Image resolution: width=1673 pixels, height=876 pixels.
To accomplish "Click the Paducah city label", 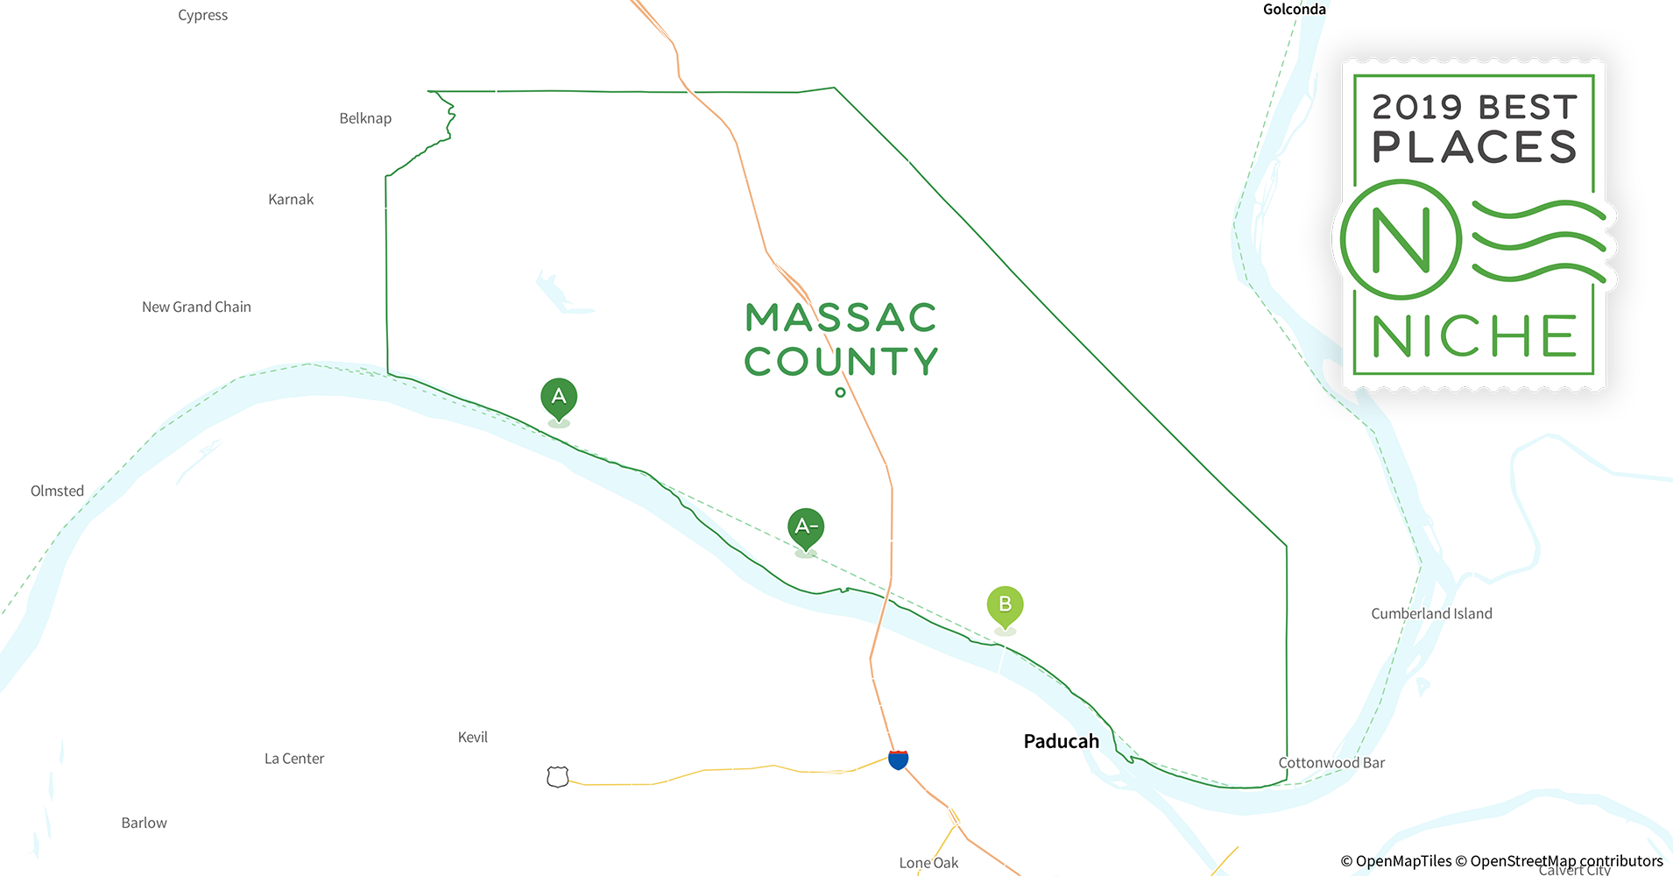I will [x=1061, y=741].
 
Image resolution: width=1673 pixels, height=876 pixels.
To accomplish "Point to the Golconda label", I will [x=1294, y=10].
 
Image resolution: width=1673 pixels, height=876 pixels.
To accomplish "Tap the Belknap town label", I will [x=365, y=118].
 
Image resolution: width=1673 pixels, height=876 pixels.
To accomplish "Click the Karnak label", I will [x=291, y=199].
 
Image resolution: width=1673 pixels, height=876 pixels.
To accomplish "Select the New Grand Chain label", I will [x=196, y=307].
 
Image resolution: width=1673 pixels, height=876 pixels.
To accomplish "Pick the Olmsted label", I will [x=57, y=491].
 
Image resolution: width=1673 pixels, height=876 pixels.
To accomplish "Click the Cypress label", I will [x=202, y=15].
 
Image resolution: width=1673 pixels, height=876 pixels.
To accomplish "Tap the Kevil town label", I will [x=472, y=737].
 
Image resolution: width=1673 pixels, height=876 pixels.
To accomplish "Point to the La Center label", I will [x=294, y=759].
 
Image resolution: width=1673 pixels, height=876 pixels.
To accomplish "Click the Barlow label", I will [x=144, y=823].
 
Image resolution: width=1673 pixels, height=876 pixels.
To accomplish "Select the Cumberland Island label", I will [x=1431, y=613].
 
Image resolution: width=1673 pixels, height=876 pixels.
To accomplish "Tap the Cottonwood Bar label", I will [x=1331, y=762].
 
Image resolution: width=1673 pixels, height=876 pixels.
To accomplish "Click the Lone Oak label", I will [x=928, y=863].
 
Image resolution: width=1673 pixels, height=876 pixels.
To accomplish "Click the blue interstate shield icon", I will [x=898, y=759].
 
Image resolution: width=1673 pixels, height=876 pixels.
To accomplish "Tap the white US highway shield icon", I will [x=557, y=776].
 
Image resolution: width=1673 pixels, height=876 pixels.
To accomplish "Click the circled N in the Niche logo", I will [x=1401, y=239].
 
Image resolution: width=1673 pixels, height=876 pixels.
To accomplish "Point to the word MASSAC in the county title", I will [x=841, y=318].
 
